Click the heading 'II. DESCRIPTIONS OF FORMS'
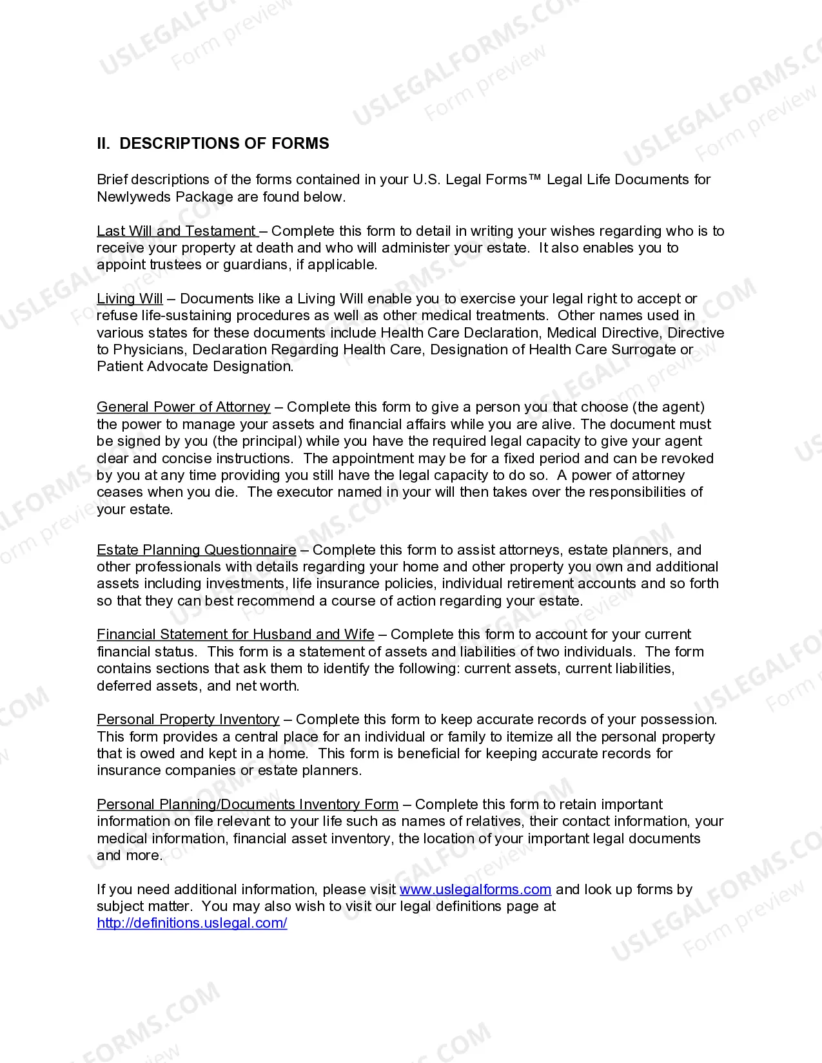213,144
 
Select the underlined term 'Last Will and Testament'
177,231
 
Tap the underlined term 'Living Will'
130,299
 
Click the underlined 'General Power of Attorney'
184,407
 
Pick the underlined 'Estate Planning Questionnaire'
197,550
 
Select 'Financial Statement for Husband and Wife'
235,635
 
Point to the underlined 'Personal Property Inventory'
188,720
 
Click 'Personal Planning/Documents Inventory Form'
248,805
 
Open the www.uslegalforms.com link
475,890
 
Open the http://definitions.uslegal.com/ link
192,923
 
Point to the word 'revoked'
690,459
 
